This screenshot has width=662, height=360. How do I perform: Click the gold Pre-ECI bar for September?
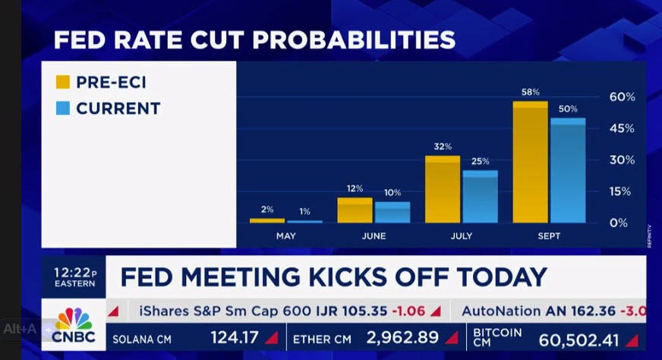click(530, 163)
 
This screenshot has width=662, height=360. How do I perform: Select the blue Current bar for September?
click(567, 172)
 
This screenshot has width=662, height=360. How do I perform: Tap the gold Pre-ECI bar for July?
click(442, 191)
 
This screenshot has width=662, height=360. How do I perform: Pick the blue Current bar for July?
click(480, 197)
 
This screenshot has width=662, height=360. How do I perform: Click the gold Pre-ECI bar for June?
click(355, 211)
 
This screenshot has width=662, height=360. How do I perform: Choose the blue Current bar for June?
click(392, 213)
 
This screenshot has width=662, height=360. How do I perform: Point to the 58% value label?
click(530, 93)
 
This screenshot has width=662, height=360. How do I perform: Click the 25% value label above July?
click(480, 161)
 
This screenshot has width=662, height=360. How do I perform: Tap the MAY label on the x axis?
click(286, 236)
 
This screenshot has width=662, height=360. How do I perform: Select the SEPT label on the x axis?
click(548, 236)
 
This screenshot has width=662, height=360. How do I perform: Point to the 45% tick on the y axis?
click(622, 128)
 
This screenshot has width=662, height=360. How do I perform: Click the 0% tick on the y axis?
click(619, 223)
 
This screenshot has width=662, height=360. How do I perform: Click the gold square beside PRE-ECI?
click(63, 81)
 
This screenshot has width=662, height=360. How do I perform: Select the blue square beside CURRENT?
click(63, 109)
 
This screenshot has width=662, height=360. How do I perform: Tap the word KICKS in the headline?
click(369, 276)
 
